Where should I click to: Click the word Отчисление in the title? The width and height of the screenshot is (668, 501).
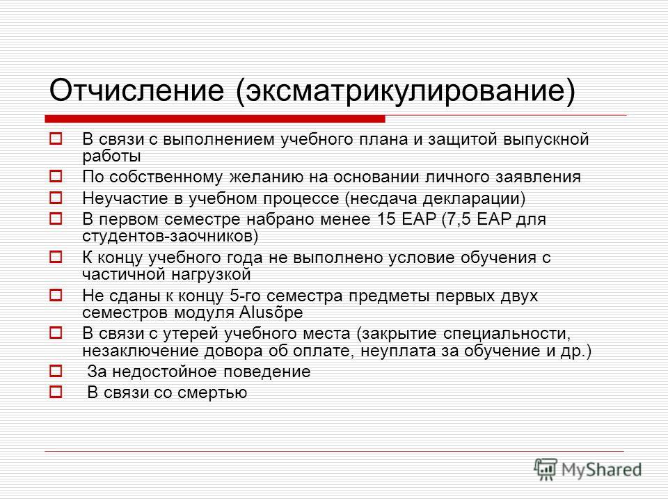136,90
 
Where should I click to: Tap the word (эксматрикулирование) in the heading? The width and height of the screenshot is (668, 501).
405,90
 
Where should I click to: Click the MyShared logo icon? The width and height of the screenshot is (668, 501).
546,469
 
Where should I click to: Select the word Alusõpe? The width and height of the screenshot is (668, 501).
271,312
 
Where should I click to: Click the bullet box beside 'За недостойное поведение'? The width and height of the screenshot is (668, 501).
56,371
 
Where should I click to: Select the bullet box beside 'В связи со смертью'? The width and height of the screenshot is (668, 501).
56,392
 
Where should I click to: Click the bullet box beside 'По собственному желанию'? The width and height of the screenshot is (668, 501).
56,176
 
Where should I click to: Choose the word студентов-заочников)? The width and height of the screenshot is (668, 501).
170,236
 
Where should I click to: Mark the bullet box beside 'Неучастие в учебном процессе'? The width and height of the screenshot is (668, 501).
56,197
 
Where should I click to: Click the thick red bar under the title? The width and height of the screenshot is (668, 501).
215,119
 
